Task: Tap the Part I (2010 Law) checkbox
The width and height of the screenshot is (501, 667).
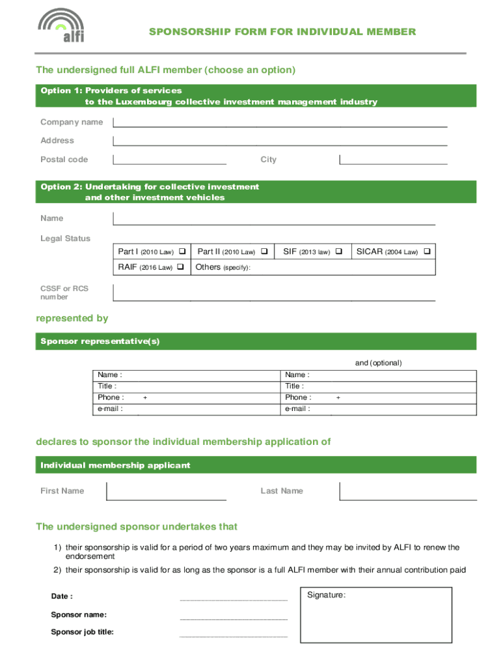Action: (x=182, y=251)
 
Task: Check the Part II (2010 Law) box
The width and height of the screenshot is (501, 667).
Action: (x=265, y=251)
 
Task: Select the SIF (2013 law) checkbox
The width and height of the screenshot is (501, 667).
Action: (x=338, y=251)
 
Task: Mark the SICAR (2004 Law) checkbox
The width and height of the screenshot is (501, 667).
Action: (x=427, y=251)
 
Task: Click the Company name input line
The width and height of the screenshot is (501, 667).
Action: (x=280, y=122)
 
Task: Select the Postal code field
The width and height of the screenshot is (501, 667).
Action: (x=170, y=159)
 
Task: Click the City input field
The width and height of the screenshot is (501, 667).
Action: (x=394, y=159)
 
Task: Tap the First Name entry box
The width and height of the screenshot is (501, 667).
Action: (x=167, y=490)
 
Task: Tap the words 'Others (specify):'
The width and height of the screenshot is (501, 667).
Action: (x=223, y=267)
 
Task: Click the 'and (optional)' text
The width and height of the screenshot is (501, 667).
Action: (x=378, y=363)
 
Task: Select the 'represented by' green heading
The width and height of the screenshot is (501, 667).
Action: (x=72, y=319)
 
